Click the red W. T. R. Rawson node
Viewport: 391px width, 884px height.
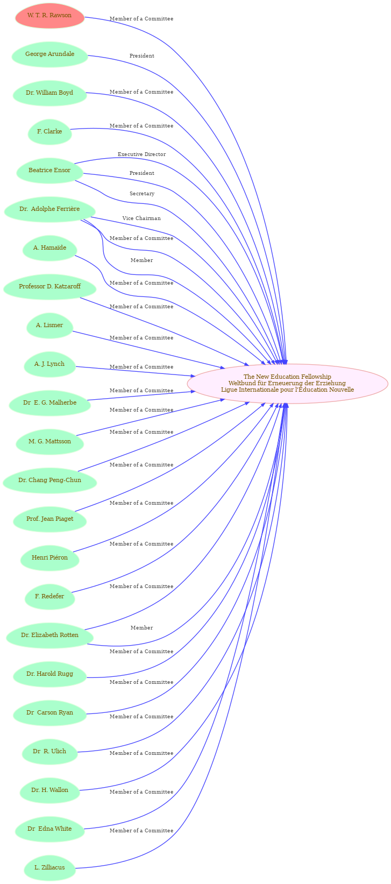pyautogui.click(x=49, y=16)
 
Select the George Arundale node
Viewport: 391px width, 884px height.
pyautogui.click(x=49, y=54)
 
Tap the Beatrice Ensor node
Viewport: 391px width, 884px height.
pyautogui.click(x=49, y=170)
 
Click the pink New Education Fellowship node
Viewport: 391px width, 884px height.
pyautogui.click(x=287, y=383)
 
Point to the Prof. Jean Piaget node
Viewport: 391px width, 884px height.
pyautogui.click(x=49, y=519)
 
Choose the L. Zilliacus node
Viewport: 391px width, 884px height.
pyautogui.click(x=49, y=867)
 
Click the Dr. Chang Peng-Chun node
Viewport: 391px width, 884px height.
pyautogui.click(x=49, y=480)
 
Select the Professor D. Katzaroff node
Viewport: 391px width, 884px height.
pyautogui.click(x=49, y=287)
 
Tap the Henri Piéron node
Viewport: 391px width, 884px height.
pyautogui.click(x=49, y=557)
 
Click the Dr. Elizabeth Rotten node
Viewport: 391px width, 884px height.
pyautogui.click(x=49, y=635)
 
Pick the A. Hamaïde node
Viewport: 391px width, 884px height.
pyautogui.click(x=49, y=248)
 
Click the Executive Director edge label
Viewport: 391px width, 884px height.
pyautogui.click(x=141, y=154)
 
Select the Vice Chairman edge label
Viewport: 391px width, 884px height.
pyautogui.click(x=141, y=218)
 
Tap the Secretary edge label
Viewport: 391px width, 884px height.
pyautogui.click(x=142, y=194)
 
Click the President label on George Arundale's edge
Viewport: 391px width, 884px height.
pyautogui.click(x=142, y=56)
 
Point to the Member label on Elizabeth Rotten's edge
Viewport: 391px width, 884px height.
pyautogui.click(x=141, y=627)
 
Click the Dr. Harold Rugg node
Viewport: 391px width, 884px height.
pyautogui.click(x=49, y=674)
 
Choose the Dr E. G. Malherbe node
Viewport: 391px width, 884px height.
pyautogui.click(x=49, y=402)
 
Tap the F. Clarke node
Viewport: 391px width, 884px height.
pyautogui.click(x=49, y=131)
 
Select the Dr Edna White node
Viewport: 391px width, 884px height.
pyautogui.click(x=49, y=829)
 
